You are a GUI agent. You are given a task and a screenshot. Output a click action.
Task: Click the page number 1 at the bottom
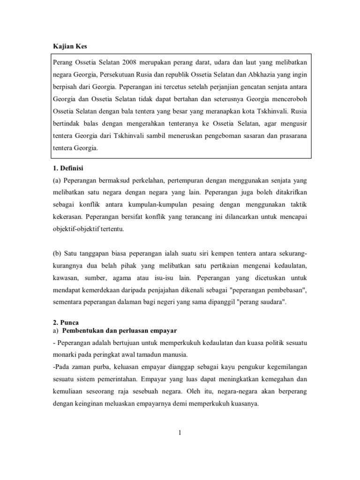180,433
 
